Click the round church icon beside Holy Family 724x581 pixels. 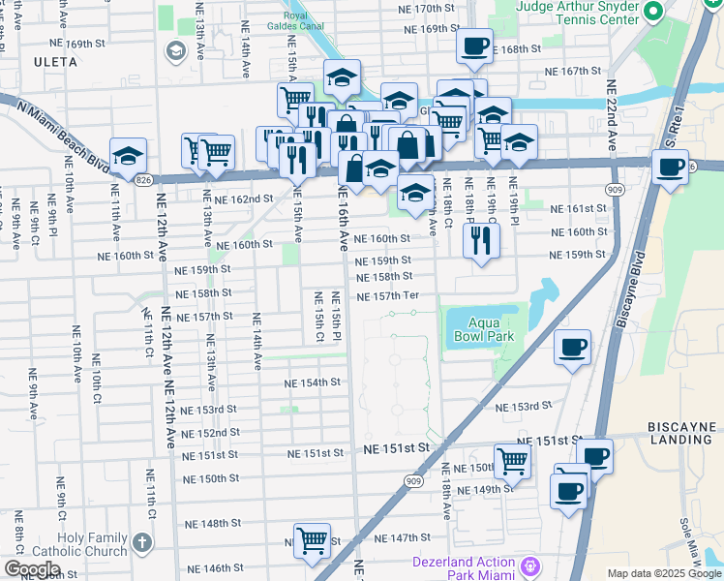143,542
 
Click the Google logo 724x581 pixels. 32,569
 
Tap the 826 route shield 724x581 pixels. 143,179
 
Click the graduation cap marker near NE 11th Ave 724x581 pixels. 128,155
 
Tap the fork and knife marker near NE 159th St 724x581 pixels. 481,238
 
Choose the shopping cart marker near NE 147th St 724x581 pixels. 312,540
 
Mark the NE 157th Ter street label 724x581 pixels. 387,296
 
